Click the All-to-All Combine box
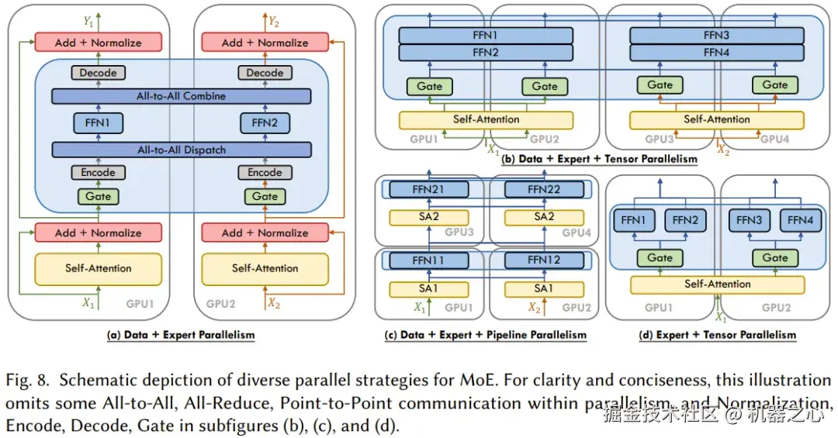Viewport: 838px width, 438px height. tap(181, 96)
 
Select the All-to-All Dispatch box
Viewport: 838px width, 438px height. tap(181, 150)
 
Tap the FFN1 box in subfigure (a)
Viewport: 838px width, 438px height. tap(98, 122)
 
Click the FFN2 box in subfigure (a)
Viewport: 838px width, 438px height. tap(265, 122)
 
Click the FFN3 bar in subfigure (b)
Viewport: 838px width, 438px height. tap(717, 36)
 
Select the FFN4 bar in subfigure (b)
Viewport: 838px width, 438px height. tap(717, 53)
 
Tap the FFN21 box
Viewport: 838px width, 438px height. tap(429, 190)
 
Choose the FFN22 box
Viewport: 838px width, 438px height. tap(544, 190)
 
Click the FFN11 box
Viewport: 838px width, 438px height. tap(429, 260)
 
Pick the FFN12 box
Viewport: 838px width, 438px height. tap(544, 260)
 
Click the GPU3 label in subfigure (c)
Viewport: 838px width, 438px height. tap(459, 233)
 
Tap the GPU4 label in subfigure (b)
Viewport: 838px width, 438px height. tap(775, 139)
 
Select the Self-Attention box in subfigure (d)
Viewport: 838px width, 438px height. tap(717, 285)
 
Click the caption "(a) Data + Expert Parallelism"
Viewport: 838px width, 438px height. tap(181, 335)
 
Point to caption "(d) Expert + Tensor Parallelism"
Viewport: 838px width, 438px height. tap(717, 335)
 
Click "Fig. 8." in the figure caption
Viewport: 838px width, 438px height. tap(28, 381)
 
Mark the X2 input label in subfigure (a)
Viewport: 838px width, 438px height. tap(273, 304)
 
